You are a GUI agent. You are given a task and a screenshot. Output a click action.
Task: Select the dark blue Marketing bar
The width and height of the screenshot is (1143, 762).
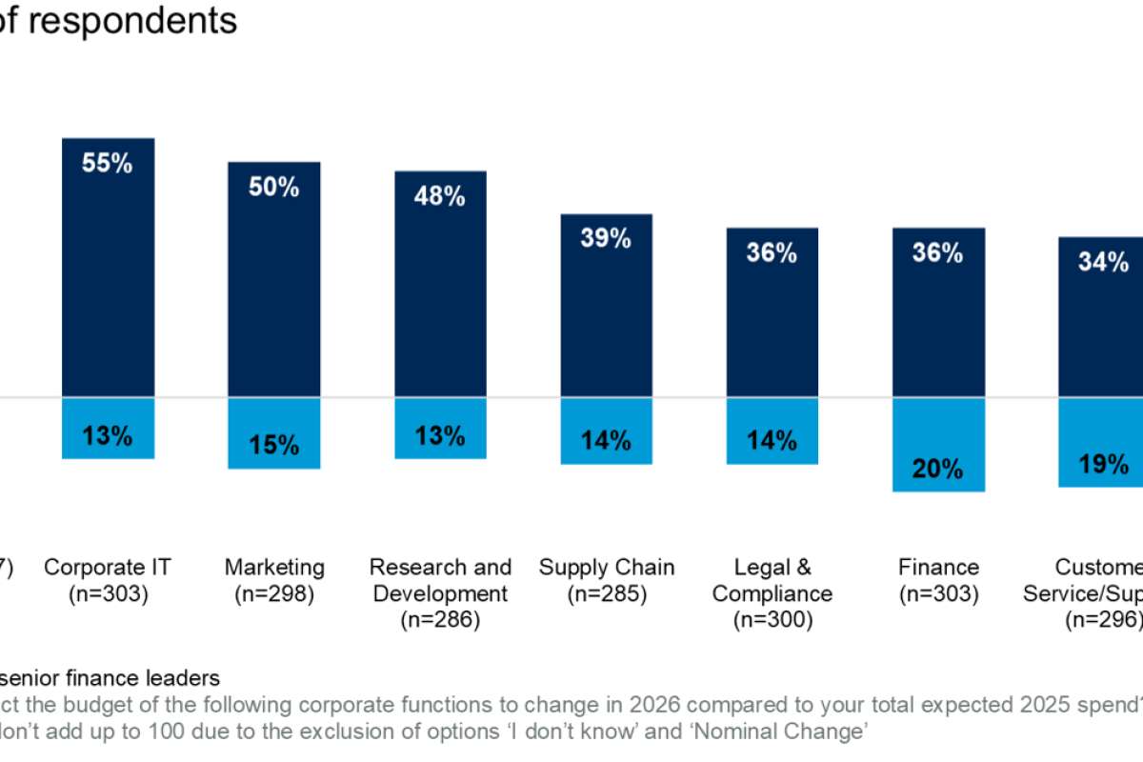pos(273,295)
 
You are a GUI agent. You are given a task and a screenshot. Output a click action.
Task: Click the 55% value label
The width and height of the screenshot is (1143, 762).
pos(108,164)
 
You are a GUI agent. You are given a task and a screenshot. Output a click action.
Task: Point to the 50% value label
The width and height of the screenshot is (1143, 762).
pos(274,188)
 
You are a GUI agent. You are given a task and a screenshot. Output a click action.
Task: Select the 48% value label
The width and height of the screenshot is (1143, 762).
pos(440,197)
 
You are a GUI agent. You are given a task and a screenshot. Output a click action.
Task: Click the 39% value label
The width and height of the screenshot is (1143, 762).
pos(606,239)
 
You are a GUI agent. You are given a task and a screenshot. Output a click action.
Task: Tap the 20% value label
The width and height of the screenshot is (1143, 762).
pos(938,469)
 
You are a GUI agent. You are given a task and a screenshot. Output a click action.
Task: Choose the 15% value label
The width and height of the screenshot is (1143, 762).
pos(274,445)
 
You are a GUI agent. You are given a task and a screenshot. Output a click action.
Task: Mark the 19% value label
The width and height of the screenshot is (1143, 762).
pos(1104,465)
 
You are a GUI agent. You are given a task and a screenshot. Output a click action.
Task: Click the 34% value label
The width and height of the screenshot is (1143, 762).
pos(1104,263)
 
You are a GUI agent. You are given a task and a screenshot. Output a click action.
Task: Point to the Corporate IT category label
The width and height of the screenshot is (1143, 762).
pos(108,568)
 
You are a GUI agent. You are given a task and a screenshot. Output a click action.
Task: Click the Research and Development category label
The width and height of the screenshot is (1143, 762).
pos(440,581)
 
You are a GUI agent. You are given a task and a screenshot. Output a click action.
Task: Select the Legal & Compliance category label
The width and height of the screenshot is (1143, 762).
pos(772,581)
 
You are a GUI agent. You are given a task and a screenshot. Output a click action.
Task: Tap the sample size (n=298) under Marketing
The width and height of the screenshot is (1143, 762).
pos(274,594)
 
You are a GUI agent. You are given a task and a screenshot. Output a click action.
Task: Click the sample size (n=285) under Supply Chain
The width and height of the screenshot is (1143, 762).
pos(606,594)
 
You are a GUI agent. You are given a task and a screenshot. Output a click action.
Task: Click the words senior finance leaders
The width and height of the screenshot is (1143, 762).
pos(112,679)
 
